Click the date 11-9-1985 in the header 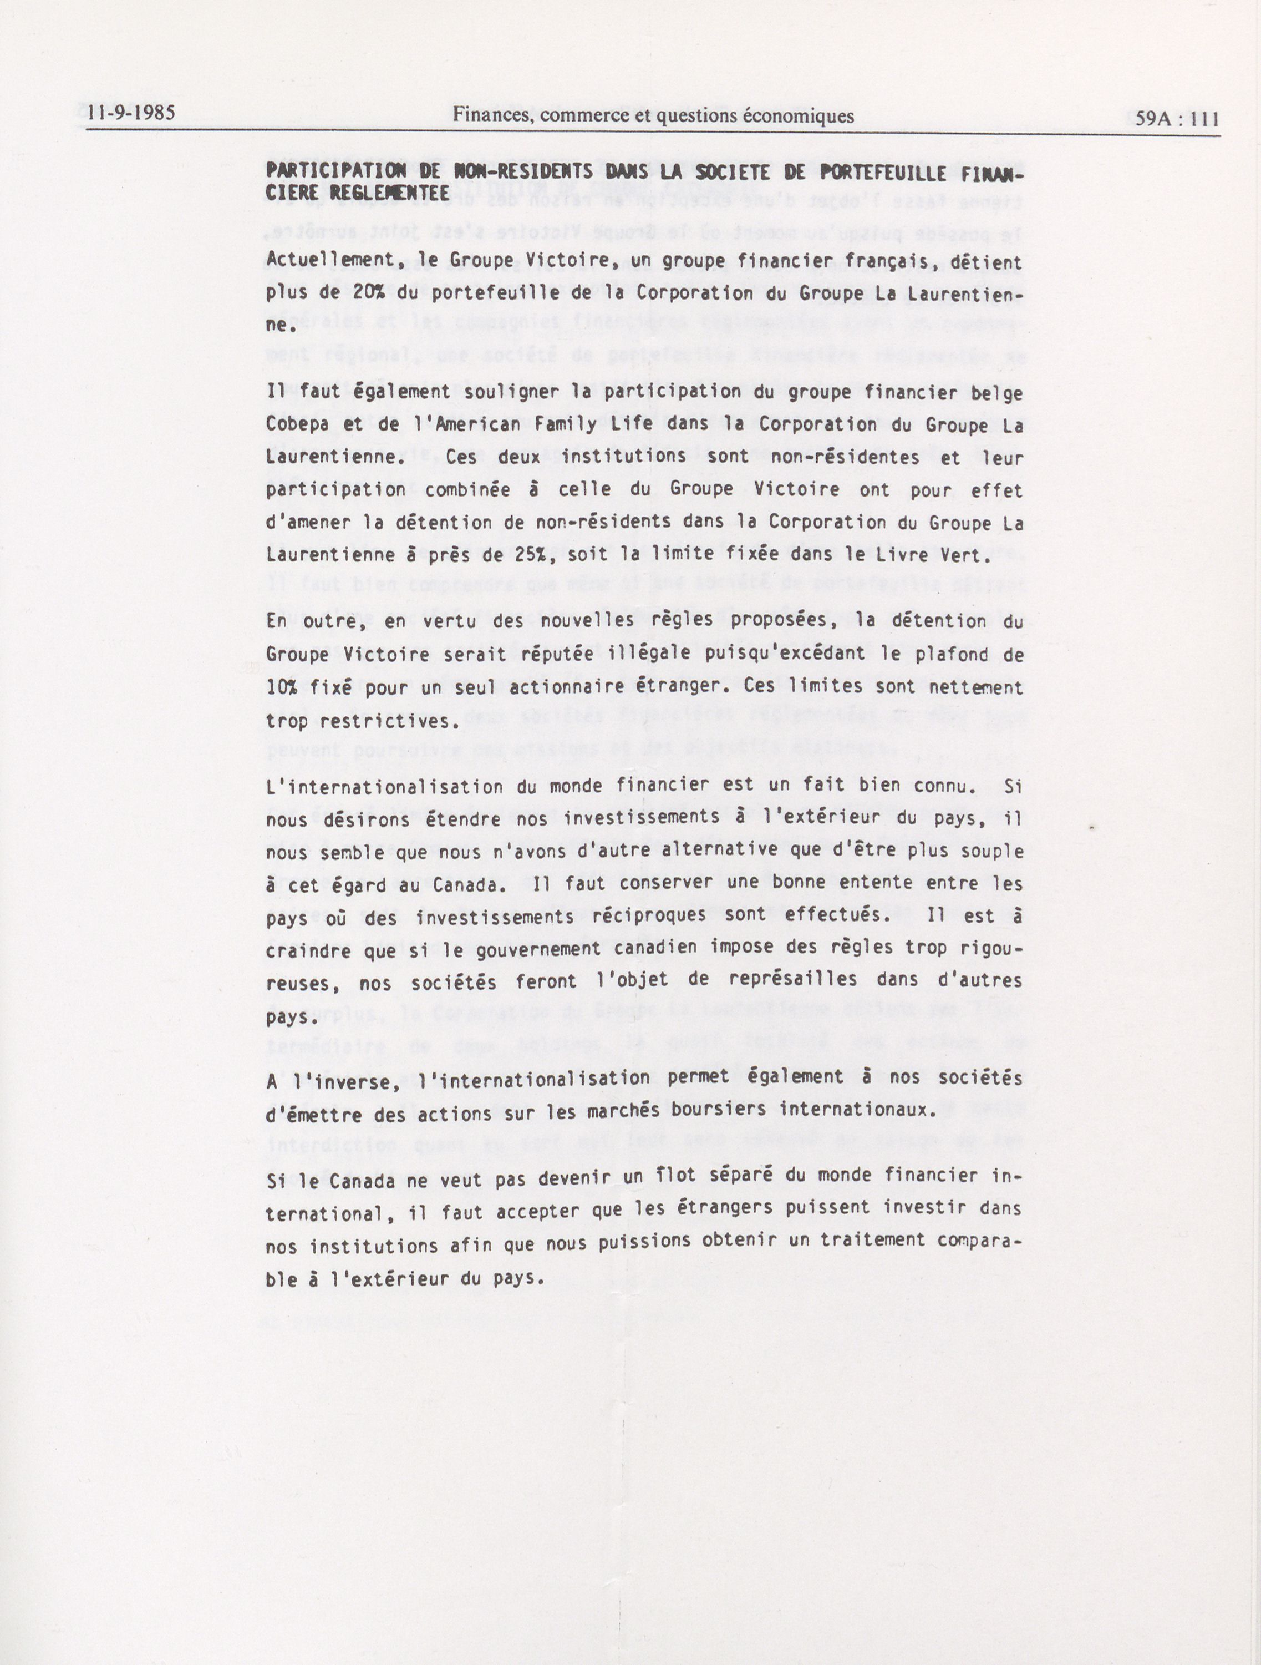pos(131,113)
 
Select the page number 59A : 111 pos(1177,118)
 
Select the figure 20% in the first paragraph pos(369,293)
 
